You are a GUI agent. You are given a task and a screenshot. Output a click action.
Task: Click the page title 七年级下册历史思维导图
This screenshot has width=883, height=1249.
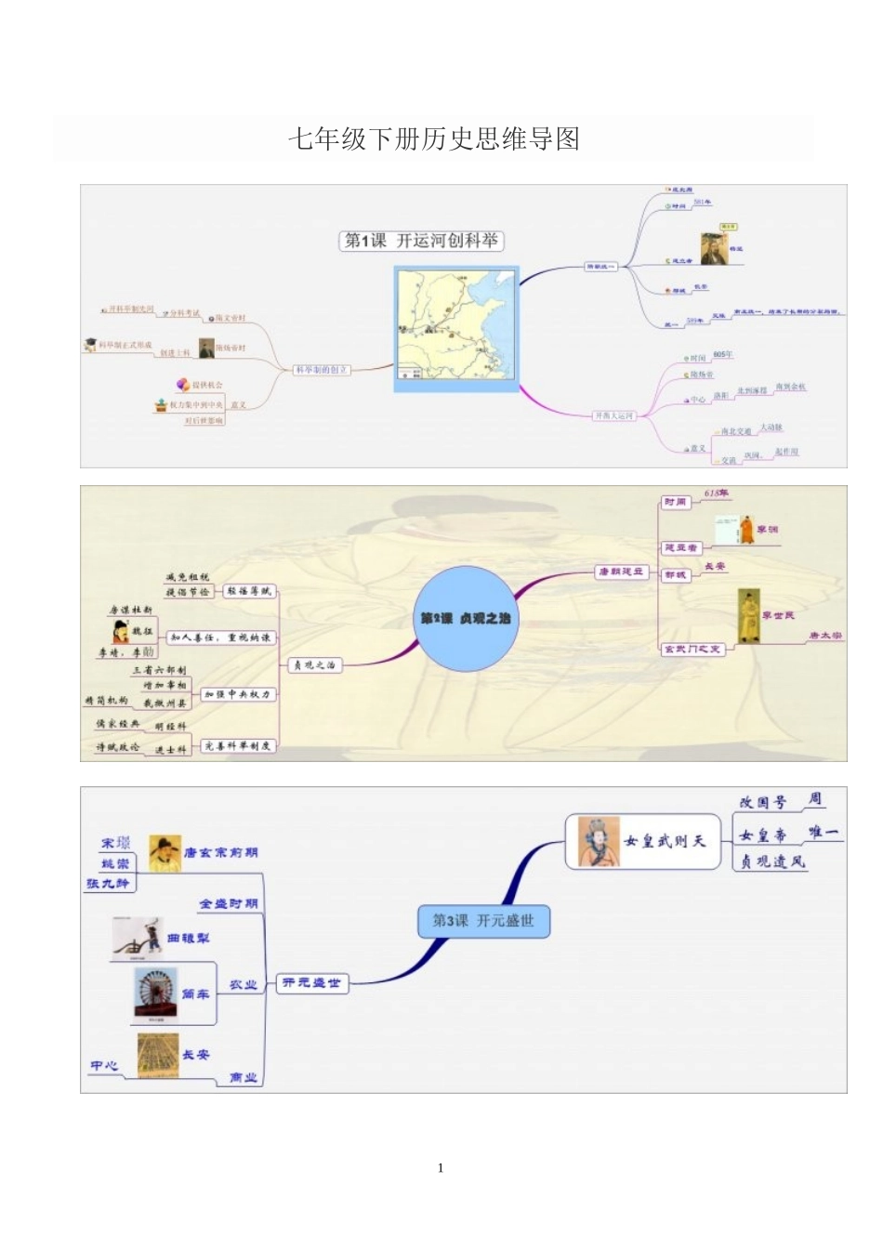433,139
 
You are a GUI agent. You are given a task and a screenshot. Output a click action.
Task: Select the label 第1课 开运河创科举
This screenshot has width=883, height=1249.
421,241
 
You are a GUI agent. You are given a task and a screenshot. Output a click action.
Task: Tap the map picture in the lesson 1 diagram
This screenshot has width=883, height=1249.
456,328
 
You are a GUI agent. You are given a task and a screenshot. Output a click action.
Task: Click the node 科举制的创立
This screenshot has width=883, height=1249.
321,370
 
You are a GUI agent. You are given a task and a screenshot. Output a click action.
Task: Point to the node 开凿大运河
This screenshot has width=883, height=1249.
614,415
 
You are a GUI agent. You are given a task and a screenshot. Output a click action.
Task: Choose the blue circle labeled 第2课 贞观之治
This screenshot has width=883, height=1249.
465,618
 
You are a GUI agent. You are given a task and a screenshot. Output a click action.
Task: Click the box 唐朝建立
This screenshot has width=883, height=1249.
621,572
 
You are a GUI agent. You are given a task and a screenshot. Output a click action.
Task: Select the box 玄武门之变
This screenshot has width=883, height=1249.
692,649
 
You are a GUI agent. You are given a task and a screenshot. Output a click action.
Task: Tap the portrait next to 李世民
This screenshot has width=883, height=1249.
748,615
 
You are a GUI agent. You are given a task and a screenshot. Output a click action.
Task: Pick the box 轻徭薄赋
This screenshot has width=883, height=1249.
249,591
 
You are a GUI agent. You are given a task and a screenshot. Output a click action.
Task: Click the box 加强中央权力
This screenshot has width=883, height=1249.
238,694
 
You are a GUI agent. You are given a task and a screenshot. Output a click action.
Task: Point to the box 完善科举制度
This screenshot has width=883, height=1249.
238,746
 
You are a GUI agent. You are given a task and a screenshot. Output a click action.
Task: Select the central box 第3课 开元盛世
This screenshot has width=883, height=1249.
483,921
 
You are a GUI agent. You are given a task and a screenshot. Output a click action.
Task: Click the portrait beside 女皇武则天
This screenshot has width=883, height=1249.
599,841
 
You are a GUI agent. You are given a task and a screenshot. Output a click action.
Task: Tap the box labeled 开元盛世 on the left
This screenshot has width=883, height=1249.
312,983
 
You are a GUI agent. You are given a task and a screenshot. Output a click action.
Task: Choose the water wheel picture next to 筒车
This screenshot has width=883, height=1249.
155,995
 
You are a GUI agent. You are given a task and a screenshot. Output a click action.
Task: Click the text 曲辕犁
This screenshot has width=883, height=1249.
189,939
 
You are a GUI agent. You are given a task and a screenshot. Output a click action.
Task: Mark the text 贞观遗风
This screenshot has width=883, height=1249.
772,861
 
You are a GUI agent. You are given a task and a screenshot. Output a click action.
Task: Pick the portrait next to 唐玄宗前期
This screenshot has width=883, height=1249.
165,853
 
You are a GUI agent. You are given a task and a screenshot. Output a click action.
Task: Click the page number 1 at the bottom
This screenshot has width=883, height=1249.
441,1168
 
